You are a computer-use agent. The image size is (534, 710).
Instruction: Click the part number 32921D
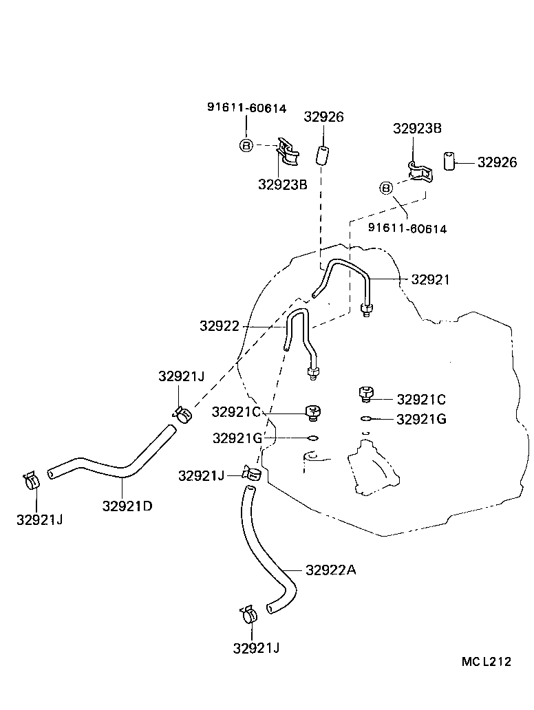pyautogui.click(x=127, y=506)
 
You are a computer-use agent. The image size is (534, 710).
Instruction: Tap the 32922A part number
pyautogui.click(x=331, y=570)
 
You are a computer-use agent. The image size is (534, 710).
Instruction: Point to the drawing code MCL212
pyautogui.click(x=487, y=662)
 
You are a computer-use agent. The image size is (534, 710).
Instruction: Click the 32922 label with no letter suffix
pyautogui.click(x=219, y=326)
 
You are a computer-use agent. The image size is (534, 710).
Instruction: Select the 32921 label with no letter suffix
pyautogui.click(x=430, y=279)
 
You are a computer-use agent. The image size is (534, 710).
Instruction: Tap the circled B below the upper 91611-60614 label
pyautogui.click(x=246, y=144)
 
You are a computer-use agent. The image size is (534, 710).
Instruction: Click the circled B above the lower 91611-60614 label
pyautogui.click(x=386, y=189)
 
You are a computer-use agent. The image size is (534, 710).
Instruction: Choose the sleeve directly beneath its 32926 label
pyautogui.click(x=322, y=155)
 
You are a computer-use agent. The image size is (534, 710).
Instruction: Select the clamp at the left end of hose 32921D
pyautogui.click(x=30, y=480)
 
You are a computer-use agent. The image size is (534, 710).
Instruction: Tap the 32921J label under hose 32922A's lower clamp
pyautogui.click(x=256, y=647)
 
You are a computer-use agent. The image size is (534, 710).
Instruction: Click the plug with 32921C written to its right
pyautogui.click(x=365, y=394)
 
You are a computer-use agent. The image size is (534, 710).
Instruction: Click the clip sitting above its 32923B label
pyautogui.click(x=287, y=151)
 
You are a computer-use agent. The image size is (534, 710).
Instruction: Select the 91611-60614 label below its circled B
pyautogui.click(x=407, y=228)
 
